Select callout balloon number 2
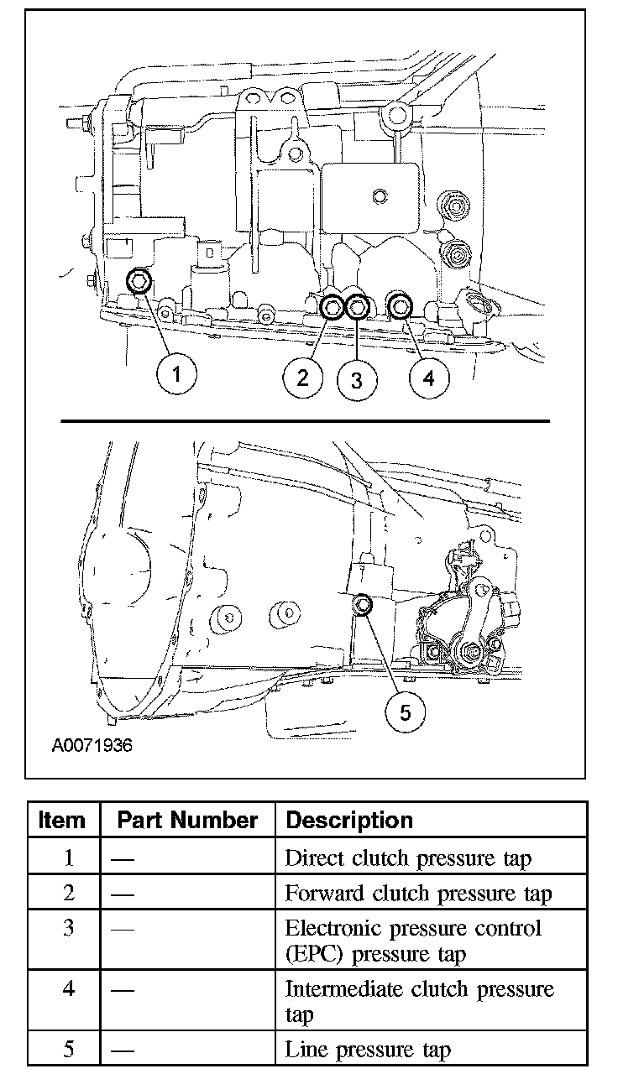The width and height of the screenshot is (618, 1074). click(303, 377)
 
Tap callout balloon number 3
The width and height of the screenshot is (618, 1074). click(356, 380)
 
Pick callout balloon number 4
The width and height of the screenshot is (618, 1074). click(428, 378)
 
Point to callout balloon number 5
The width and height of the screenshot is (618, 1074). click(406, 712)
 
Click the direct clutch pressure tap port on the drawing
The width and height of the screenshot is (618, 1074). click(139, 280)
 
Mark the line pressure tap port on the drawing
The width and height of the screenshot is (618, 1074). click(364, 603)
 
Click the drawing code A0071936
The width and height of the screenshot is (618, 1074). click(92, 744)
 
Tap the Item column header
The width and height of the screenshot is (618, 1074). click(62, 820)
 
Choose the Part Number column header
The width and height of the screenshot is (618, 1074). click(187, 820)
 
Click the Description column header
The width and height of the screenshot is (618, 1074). click(349, 820)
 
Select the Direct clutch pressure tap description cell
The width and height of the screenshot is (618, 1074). click(408, 858)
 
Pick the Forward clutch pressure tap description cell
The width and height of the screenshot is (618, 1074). click(418, 894)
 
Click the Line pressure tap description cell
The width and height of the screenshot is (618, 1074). click(368, 1049)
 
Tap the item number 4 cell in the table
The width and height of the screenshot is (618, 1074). click(69, 988)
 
